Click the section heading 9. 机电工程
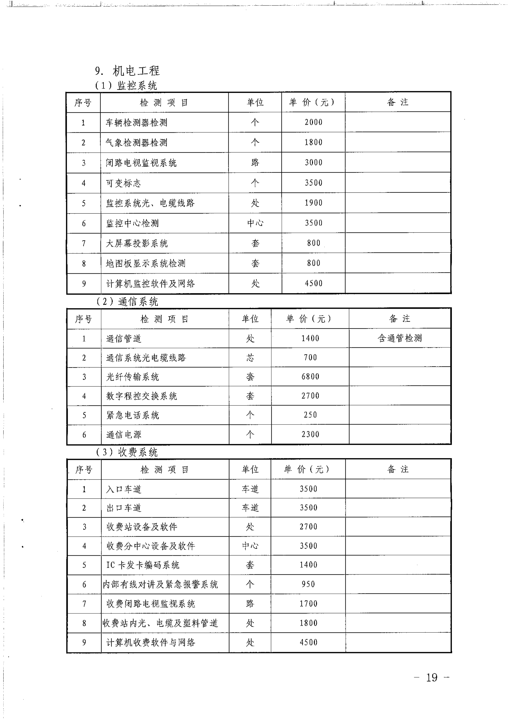(127, 71)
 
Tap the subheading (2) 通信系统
(127, 302)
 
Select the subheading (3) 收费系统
(127, 452)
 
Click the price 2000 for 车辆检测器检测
(313, 122)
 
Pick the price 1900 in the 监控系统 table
(313, 203)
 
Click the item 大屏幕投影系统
(137, 243)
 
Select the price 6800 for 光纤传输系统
(310, 376)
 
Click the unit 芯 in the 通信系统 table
(250, 357)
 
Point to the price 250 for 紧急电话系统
(310, 415)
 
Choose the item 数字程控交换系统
(142, 396)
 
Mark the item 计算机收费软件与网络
(151, 642)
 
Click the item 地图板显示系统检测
(145, 263)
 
